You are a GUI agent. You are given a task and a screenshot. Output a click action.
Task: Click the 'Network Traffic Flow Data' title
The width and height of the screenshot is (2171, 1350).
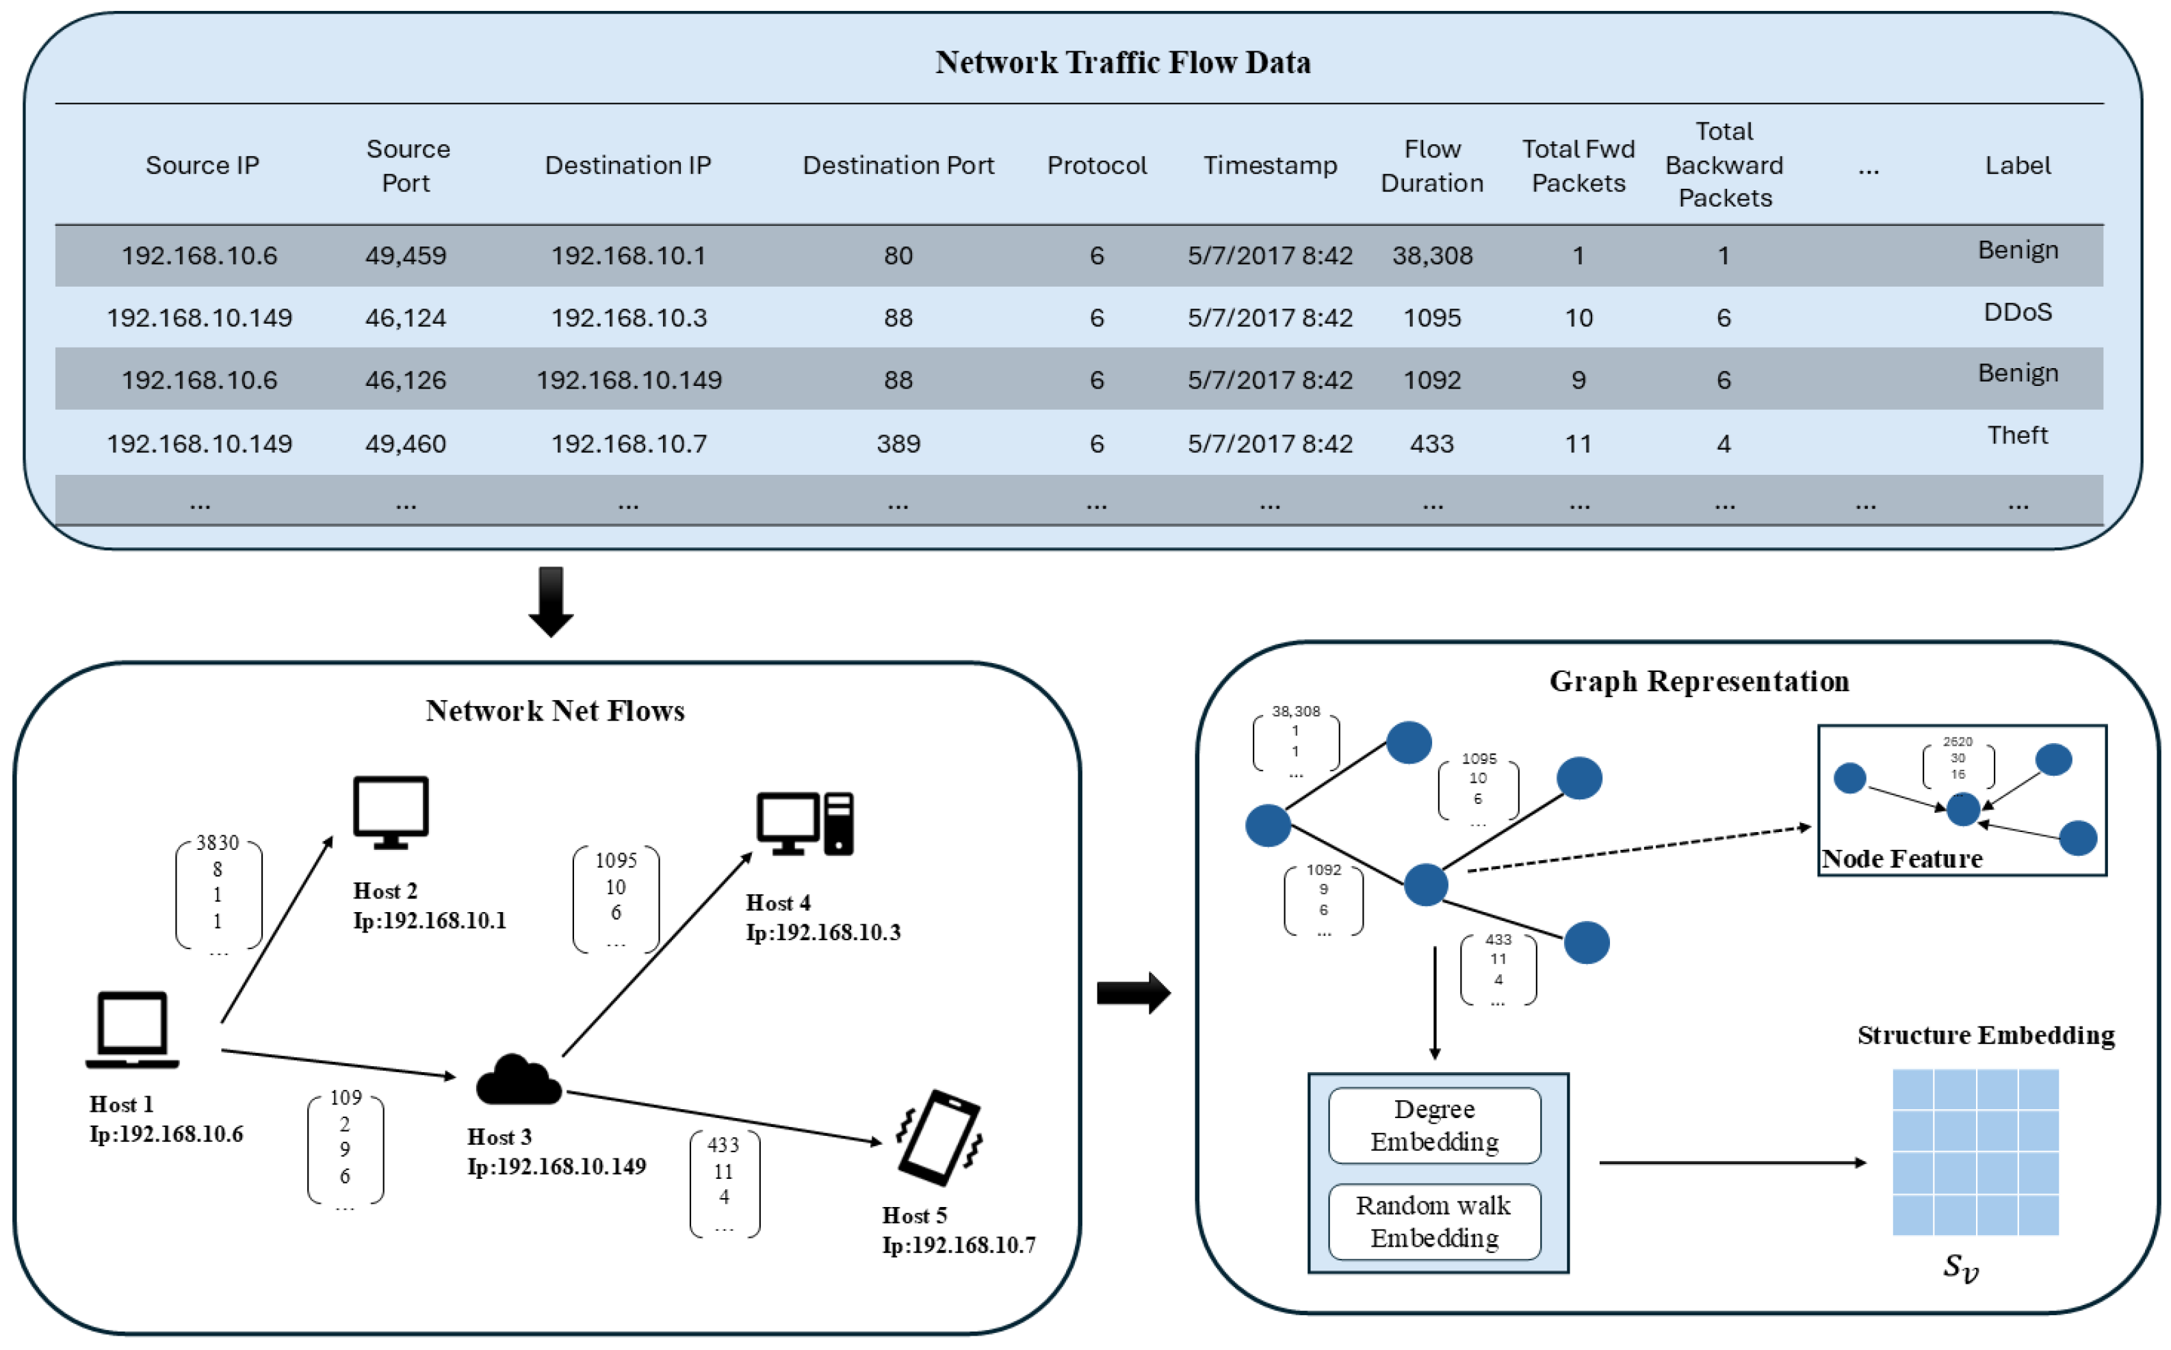[x=1122, y=62]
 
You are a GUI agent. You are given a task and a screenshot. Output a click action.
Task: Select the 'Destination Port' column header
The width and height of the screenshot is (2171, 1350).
[x=898, y=165]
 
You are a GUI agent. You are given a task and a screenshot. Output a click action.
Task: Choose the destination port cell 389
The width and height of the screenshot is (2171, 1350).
[x=898, y=444]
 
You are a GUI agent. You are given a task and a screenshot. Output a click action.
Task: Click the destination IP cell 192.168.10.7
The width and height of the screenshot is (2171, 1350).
[x=628, y=444]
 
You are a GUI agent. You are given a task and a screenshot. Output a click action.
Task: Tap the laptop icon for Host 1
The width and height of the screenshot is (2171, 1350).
[x=132, y=1030]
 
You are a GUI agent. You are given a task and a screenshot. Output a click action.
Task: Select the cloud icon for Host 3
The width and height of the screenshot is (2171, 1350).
[x=519, y=1080]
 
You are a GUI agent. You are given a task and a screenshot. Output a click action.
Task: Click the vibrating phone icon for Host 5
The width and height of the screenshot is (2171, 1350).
[x=939, y=1137]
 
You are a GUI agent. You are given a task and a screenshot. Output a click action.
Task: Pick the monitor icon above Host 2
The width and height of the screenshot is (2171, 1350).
[x=391, y=812]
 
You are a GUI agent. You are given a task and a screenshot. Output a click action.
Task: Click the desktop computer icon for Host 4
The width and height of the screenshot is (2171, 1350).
[x=805, y=823]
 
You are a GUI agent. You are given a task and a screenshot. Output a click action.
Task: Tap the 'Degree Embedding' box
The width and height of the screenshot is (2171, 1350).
[x=1435, y=1125]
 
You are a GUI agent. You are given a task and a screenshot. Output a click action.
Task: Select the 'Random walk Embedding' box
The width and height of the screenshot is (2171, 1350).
[x=1435, y=1221]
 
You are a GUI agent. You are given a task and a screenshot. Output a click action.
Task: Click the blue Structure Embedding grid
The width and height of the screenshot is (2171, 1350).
[x=1975, y=1152]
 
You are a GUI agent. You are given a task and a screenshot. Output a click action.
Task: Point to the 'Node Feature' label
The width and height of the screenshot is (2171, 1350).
[x=1901, y=859]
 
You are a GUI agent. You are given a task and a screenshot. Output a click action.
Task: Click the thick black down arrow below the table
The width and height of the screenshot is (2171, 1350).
[x=551, y=601]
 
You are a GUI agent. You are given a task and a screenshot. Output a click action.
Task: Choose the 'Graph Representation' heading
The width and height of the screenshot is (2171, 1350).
[x=1699, y=682]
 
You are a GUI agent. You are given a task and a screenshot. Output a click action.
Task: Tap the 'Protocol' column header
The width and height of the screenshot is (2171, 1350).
[x=1096, y=165]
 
